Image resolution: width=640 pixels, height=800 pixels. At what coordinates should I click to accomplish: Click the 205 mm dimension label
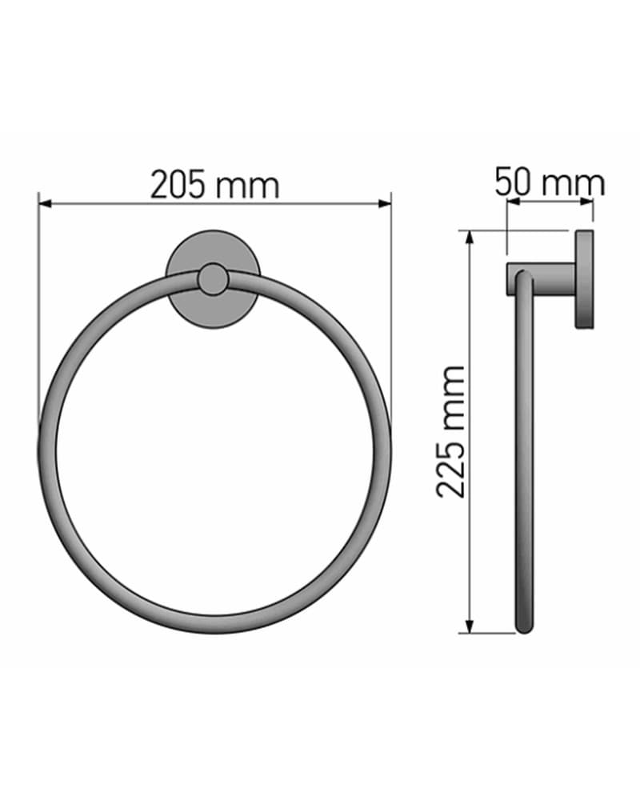coord(215,185)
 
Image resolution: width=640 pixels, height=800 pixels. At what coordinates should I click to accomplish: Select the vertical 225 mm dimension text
coord(451,431)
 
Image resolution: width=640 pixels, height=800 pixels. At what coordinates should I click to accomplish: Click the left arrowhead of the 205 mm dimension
coord(46,204)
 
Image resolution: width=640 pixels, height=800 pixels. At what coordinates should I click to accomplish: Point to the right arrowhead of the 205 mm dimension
coord(384,204)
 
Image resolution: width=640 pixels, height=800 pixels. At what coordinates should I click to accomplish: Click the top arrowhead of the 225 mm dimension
coord(470,238)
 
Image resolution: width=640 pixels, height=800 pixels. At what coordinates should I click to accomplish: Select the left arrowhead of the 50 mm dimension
coord(513,202)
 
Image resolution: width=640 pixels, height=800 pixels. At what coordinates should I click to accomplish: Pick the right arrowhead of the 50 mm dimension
coord(586,202)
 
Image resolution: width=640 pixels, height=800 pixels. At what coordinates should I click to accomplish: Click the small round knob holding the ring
coord(213,279)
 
